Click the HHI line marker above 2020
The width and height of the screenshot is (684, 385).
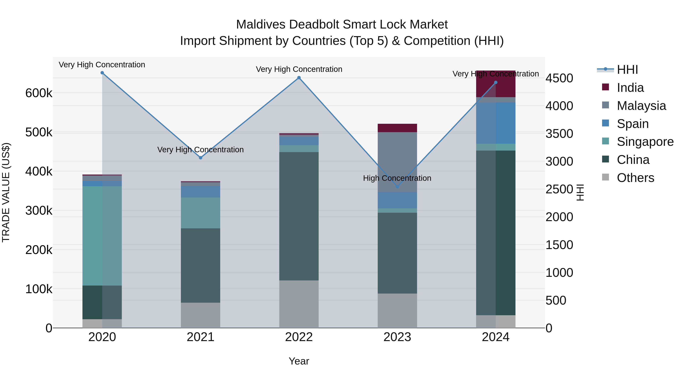102,73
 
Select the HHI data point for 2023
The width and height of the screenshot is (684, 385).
397,187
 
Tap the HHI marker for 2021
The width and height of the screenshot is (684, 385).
200,158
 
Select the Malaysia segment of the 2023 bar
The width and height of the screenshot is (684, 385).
397,162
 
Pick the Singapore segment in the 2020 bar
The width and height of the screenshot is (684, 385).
102,236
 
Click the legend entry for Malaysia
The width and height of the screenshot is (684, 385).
641,106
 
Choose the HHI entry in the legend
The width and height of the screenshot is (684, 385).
627,70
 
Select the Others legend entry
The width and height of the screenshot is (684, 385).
635,178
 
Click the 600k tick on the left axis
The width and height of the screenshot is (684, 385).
39,93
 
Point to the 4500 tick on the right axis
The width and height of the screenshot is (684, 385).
559,78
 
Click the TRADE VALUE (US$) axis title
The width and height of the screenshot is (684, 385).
6,192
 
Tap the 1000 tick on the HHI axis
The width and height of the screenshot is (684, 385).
559,273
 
